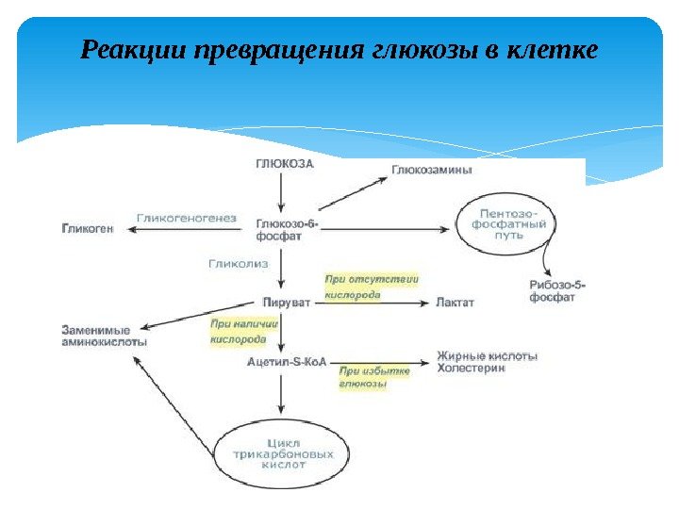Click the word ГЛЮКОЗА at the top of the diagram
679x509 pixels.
click(284, 163)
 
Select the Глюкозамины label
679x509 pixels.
click(432, 171)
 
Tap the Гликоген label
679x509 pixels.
click(88, 228)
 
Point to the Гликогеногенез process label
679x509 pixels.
click(186, 218)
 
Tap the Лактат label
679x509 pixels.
click(455, 304)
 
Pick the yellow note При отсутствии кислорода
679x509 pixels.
click(371, 287)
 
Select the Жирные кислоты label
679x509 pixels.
click(487, 356)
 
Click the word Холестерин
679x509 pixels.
click(471, 369)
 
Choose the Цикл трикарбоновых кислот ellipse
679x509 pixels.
click(283, 452)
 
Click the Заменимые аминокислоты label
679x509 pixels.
click(104, 336)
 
